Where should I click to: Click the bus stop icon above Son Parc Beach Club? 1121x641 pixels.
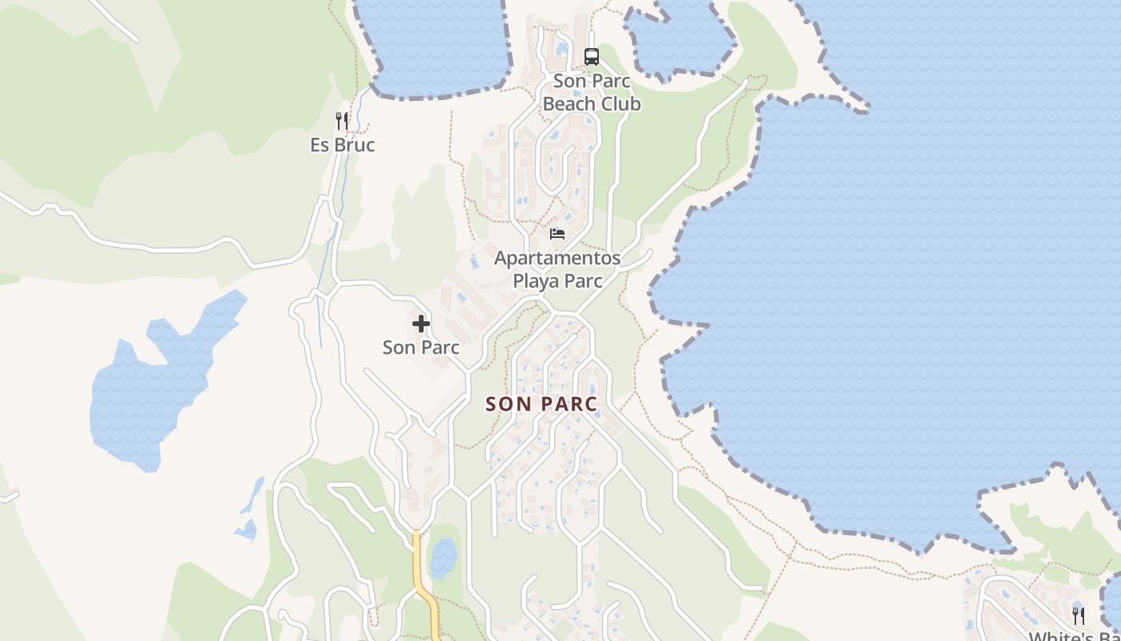click(x=592, y=57)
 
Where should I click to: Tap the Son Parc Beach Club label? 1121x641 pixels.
click(x=592, y=92)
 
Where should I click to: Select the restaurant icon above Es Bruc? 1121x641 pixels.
click(x=342, y=121)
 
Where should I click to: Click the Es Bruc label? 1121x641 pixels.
click(x=343, y=145)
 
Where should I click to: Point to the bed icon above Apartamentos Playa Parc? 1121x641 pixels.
click(x=557, y=234)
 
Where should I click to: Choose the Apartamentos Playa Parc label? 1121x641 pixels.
click(x=557, y=269)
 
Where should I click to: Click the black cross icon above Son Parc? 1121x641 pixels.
click(x=421, y=324)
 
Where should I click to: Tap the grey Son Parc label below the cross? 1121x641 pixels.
click(x=421, y=348)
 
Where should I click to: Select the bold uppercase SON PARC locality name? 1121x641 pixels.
click(x=541, y=404)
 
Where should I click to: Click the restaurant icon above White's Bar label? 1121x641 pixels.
click(x=1079, y=615)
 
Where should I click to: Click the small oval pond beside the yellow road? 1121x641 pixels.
click(x=444, y=558)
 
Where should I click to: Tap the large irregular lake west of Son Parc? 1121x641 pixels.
click(x=152, y=385)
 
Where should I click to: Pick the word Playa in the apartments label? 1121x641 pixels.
click(x=536, y=281)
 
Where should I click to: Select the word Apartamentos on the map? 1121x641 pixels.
click(x=557, y=258)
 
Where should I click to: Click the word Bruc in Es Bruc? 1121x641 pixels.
click(x=354, y=145)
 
